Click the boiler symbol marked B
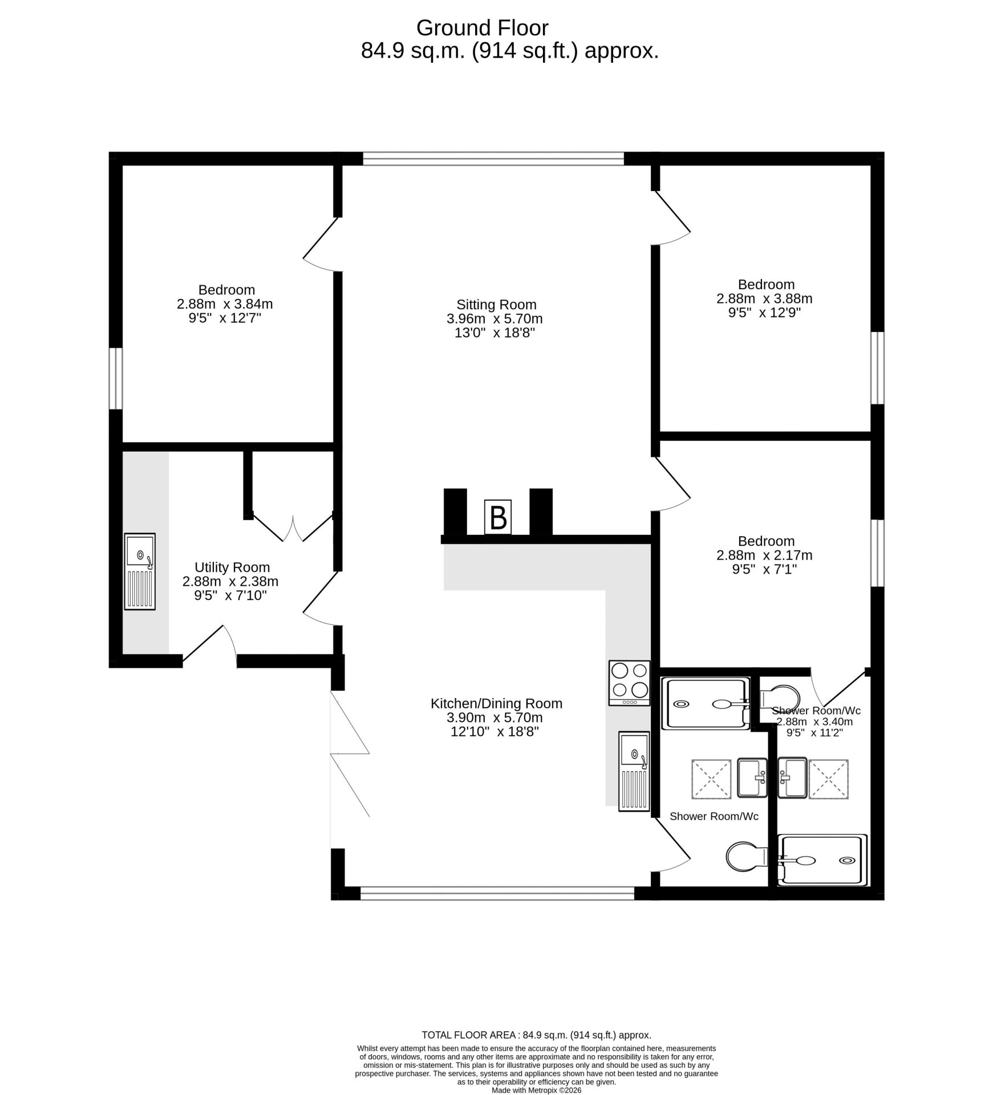(x=497, y=517)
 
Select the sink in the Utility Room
(x=140, y=571)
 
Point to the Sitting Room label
(x=496, y=305)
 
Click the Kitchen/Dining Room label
(x=496, y=703)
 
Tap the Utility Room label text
(x=232, y=567)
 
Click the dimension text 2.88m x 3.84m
(x=225, y=303)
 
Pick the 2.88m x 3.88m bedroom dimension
(x=764, y=298)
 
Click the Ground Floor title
(x=482, y=27)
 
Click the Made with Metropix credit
(x=536, y=1090)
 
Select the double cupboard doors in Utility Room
(x=293, y=528)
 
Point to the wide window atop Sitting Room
(x=493, y=158)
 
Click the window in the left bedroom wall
(x=116, y=378)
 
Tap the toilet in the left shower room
(x=746, y=856)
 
